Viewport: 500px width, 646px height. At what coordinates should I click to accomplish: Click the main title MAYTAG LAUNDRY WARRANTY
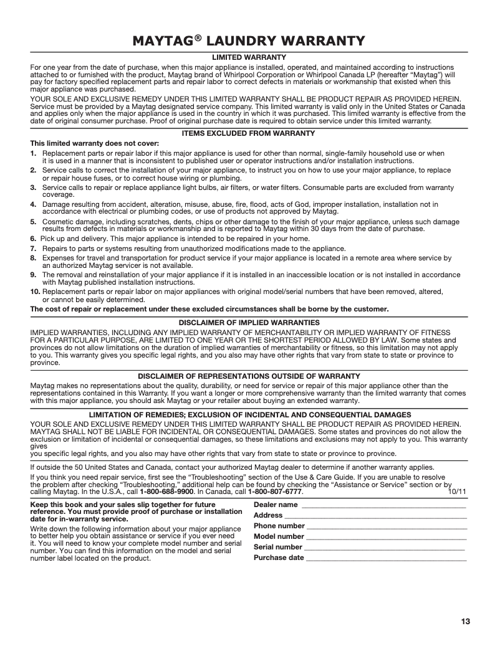pyautogui.click(x=249, y=42)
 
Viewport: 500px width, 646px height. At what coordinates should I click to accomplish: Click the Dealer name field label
pyautogui.click(x=276, y=504)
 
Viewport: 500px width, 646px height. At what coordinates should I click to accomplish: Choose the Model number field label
pyautogui.click(x=279, y=536)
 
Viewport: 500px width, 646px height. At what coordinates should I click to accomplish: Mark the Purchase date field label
pyautogui.click(x=279, y=558)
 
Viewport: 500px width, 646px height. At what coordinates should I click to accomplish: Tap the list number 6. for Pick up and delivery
pyautogui.click(x=34, y=239)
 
